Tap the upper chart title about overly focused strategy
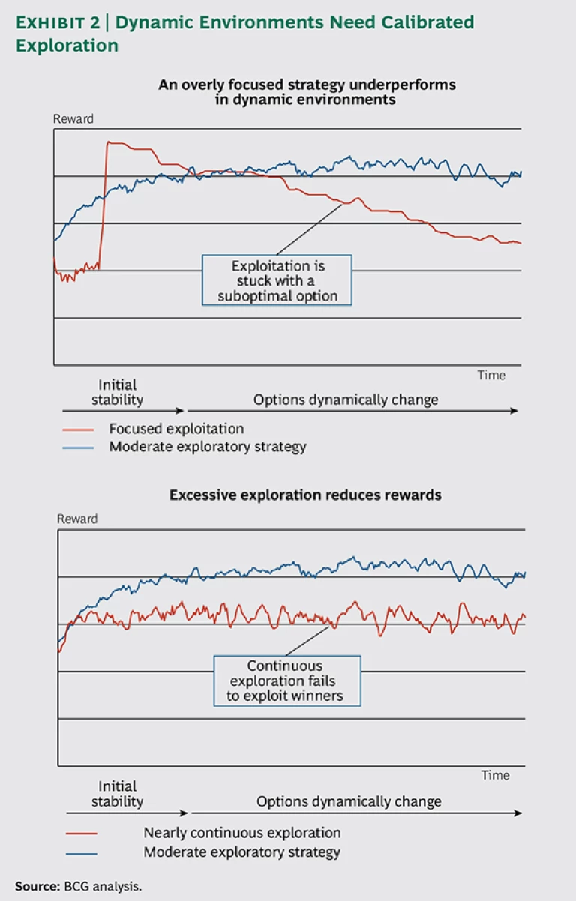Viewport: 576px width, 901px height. tap(307, 91)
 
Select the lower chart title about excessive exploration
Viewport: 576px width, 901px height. tap(305, 495)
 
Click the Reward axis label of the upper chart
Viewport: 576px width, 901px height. tap(73, 119)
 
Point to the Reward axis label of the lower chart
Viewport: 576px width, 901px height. tap(77, 519)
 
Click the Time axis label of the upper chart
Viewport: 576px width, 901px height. tap(491, 375)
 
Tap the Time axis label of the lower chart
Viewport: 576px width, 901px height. tap(495, 775)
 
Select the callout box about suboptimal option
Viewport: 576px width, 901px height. tap(277, 280)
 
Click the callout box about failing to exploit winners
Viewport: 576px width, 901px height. tap(286, 681)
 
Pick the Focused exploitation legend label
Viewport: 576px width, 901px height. tap(176, 429)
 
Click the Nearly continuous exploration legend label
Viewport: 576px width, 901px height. tap(241, 833)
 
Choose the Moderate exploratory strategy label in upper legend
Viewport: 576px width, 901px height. tap(208, 447)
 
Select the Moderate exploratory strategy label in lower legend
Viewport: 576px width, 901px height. tap(241, 852)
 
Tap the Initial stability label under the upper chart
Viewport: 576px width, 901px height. tap(117, 392)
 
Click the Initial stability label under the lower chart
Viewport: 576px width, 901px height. tap(118, 793)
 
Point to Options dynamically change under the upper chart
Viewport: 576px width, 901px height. tap(345, 400)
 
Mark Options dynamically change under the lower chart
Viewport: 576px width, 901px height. tap(349, 801)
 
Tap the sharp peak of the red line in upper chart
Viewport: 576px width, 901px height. tap(109, 142)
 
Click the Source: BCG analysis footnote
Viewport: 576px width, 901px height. tap(78, 885)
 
